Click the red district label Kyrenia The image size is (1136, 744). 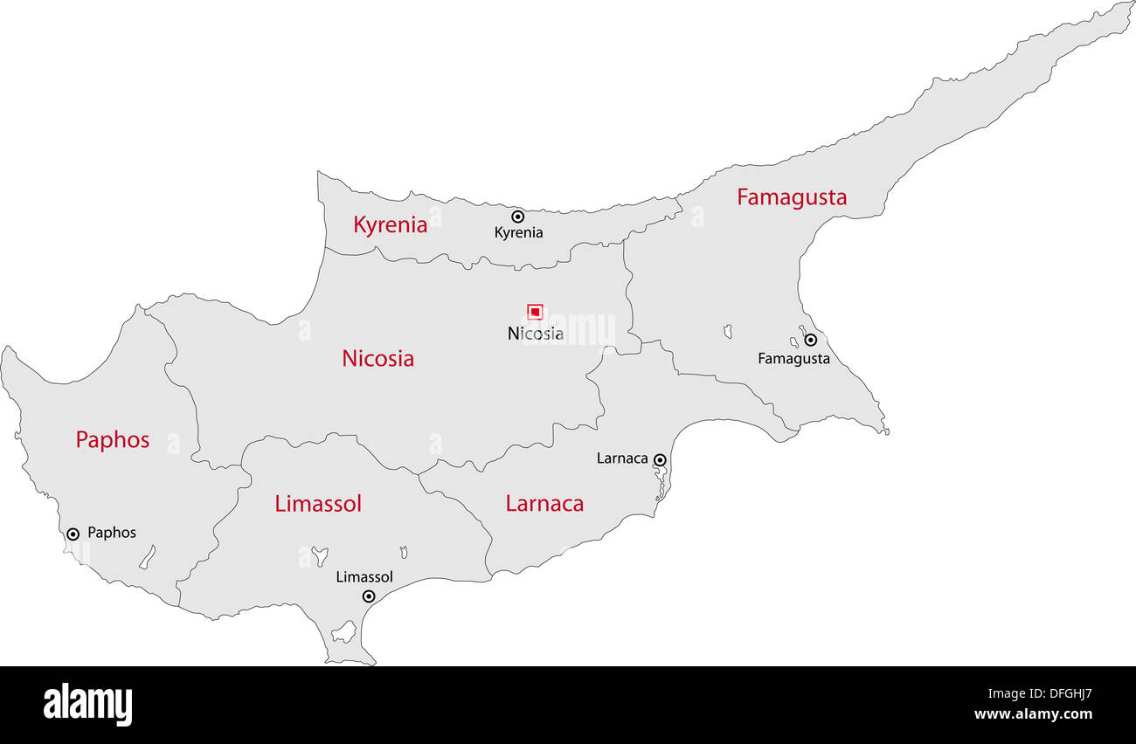[390, 225]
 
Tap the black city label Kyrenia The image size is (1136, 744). [518, 232]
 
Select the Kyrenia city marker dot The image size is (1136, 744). [517, 216]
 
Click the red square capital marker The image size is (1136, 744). [535, 312]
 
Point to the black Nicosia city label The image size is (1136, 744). [535, 334]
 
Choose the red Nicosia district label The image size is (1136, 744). [378, 358]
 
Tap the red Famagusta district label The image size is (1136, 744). [791, 197]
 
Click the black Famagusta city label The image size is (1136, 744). [793, 358]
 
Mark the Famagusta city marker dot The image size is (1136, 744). [810, 340]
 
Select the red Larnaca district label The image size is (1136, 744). [544, 504]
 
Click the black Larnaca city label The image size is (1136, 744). [622, 458]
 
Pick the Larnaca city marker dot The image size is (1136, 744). [660, 459]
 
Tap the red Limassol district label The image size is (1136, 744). [318, 504]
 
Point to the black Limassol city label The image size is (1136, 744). [364, 577]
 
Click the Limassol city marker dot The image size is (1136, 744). [369, 596]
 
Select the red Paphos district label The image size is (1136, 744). [112, 440]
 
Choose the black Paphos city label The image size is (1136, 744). [112, 533]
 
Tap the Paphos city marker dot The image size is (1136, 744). [73, 534]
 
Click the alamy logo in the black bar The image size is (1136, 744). [87, 705]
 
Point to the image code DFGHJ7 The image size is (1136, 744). [1057, 695]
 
